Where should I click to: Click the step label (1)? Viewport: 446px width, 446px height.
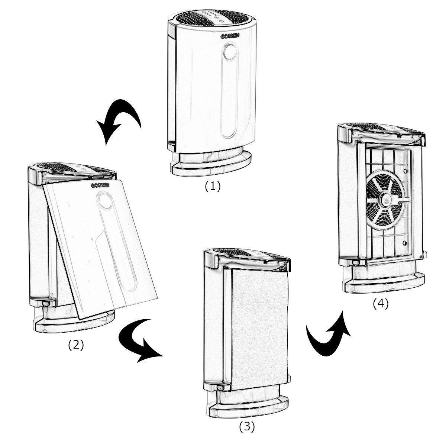pos(213,186)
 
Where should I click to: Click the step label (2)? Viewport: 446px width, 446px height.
pos(76,345)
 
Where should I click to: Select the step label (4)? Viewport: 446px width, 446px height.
pos(380,304)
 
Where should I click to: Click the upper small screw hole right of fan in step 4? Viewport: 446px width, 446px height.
pos(405,171)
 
